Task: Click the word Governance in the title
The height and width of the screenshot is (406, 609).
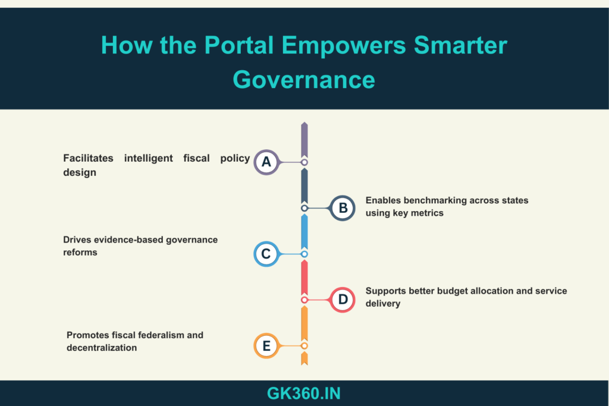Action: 304,80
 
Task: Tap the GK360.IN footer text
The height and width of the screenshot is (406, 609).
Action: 304,394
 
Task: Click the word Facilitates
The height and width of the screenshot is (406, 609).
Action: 88,158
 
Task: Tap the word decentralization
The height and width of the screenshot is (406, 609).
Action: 102,348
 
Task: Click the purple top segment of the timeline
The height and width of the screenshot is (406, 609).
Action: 304,140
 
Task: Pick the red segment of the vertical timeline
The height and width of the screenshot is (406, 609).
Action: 304,278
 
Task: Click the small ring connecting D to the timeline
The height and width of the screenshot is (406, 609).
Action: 304,300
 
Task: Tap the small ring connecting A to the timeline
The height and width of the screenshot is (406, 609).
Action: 304,162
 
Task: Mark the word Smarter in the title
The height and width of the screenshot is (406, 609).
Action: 460,45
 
